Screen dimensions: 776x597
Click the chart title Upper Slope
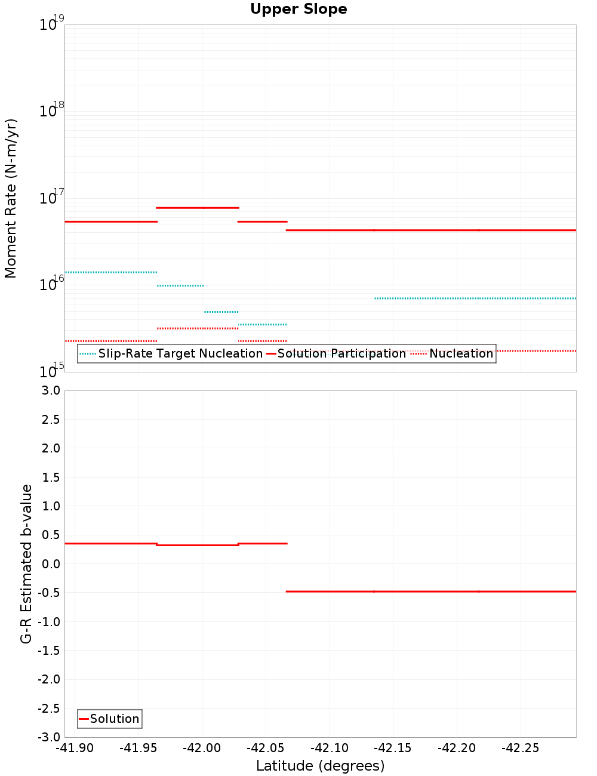(298, 10)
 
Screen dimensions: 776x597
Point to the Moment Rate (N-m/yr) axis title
(11, 198)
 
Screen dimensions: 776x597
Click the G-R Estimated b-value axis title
(26, 563)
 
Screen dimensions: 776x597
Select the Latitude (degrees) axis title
(320, 766)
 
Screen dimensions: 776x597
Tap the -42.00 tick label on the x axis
(202, 748)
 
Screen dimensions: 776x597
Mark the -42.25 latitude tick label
(520, 748)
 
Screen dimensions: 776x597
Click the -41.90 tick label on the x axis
(75, 748)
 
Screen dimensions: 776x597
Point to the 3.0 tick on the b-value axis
(50, 390)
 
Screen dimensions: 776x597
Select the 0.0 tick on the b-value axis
(50, 563)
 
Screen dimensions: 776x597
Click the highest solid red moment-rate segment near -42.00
(197, 208)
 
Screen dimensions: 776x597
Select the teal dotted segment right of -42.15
(475, 298)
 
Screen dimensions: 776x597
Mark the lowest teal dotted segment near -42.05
(263, 325)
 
